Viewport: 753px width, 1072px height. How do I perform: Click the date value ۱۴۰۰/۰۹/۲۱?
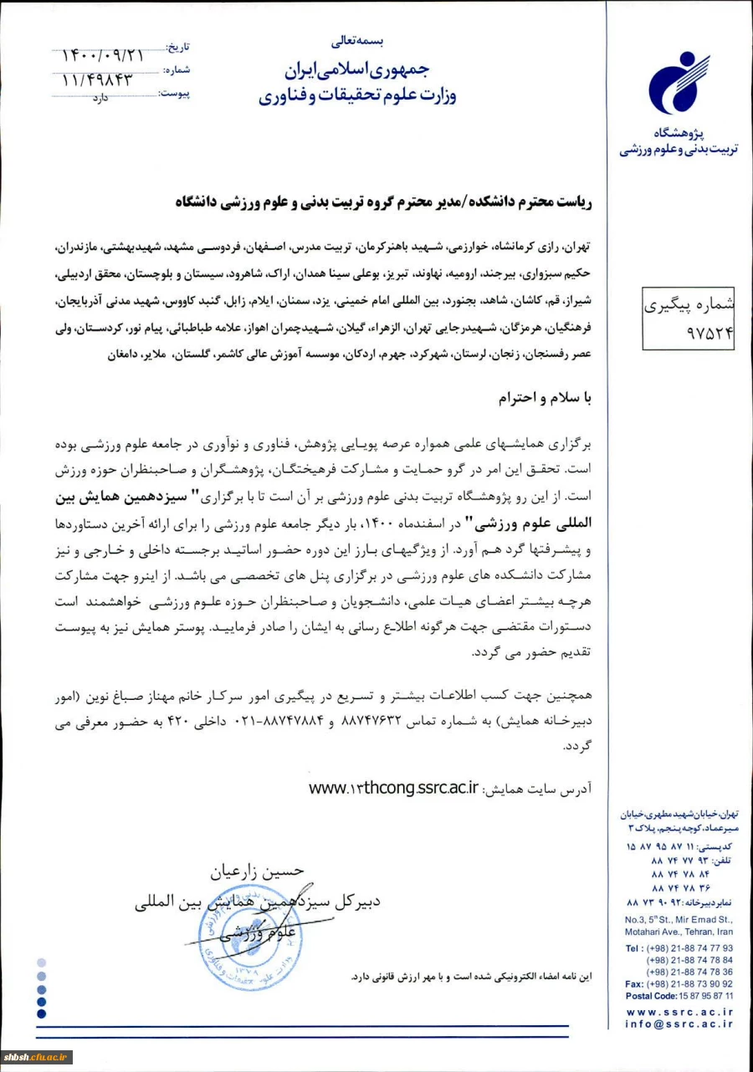[103, 55]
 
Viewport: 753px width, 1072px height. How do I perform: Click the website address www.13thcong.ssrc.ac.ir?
[393, 788]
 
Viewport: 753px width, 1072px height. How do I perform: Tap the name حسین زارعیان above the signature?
[256, 874]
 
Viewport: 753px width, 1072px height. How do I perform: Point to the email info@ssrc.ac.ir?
[679, 1024]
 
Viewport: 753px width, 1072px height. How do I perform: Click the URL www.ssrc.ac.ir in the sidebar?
[679, 1011]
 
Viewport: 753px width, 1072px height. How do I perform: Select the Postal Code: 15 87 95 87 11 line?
[679, 996]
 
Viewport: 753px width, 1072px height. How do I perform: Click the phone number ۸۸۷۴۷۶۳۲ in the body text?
[374, 721]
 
